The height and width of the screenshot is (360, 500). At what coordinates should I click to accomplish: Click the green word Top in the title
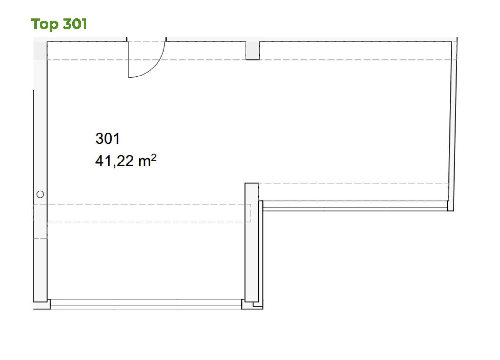(45, 24)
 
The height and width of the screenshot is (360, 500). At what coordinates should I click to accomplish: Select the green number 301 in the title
(75, 24)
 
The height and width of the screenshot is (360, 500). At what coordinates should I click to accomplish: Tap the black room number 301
(107, 139)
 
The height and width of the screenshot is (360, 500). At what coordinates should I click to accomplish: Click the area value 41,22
(114, 161)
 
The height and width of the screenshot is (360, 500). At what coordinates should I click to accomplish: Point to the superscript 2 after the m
(154, 158)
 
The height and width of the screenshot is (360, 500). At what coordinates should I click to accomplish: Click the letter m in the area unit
(144, 162)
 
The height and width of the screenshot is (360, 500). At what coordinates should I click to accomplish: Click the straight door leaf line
(128, 60)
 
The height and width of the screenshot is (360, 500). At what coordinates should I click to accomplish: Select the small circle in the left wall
(40, 194)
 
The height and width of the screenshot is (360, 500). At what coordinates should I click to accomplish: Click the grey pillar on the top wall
(253, 51)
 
